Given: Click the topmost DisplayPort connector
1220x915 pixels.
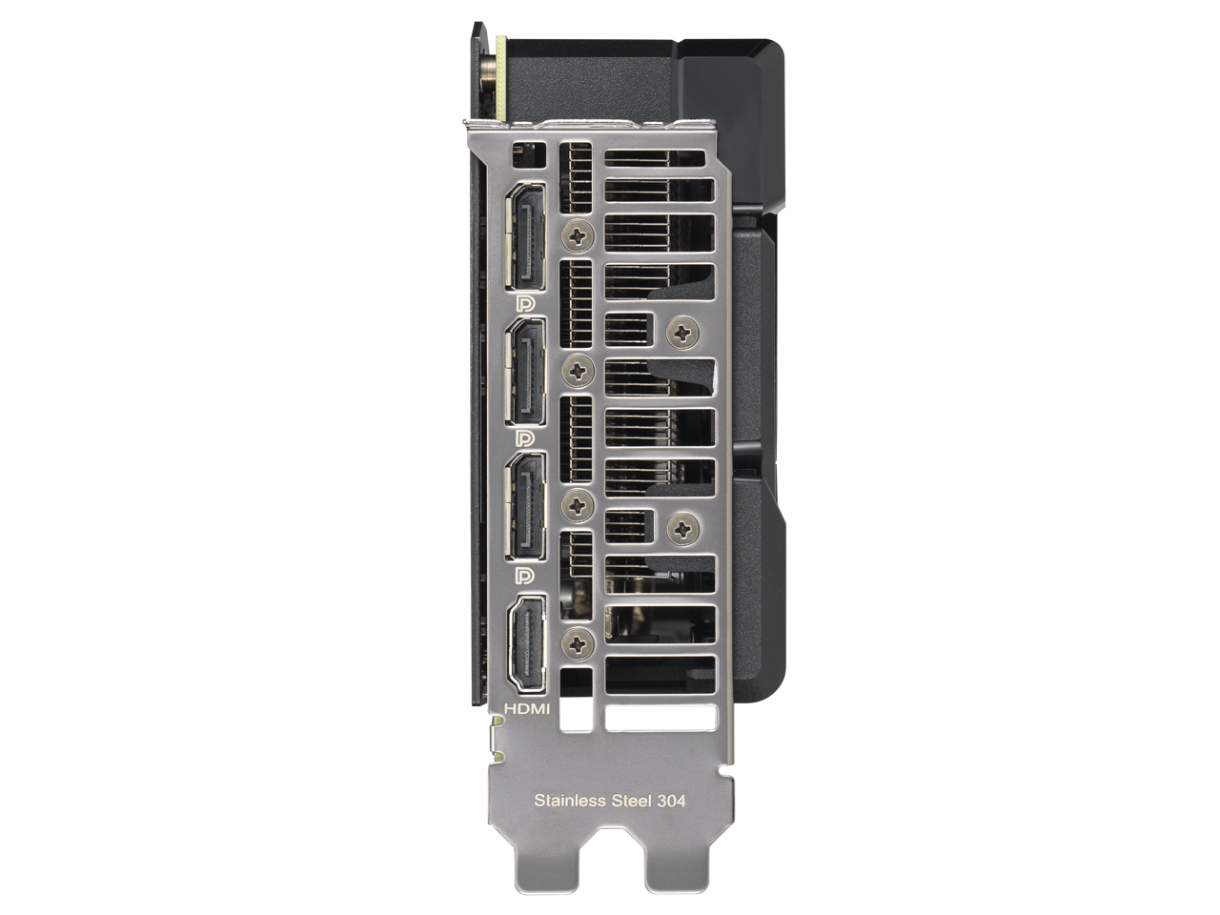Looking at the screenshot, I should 524,236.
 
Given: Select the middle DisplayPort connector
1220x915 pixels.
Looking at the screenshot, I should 524,372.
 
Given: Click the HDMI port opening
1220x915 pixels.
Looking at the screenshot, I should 525,643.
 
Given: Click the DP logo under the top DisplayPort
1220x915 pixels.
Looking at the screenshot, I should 523,303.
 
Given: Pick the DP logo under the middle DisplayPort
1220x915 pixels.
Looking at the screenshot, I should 523,438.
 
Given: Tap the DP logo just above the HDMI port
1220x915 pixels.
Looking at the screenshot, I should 523,575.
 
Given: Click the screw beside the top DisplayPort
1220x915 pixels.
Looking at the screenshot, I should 579,232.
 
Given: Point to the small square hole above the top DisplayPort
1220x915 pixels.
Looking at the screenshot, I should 521,152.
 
